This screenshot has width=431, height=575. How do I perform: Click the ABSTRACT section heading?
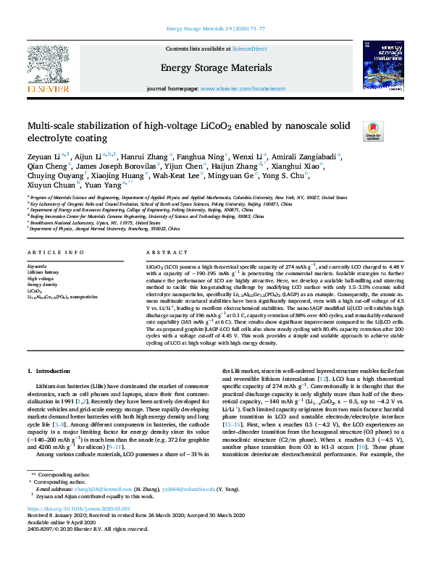pos(161,251)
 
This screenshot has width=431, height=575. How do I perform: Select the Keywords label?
pos(38,266)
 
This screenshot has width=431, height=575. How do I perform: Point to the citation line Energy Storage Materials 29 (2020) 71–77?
pos(215,28)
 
